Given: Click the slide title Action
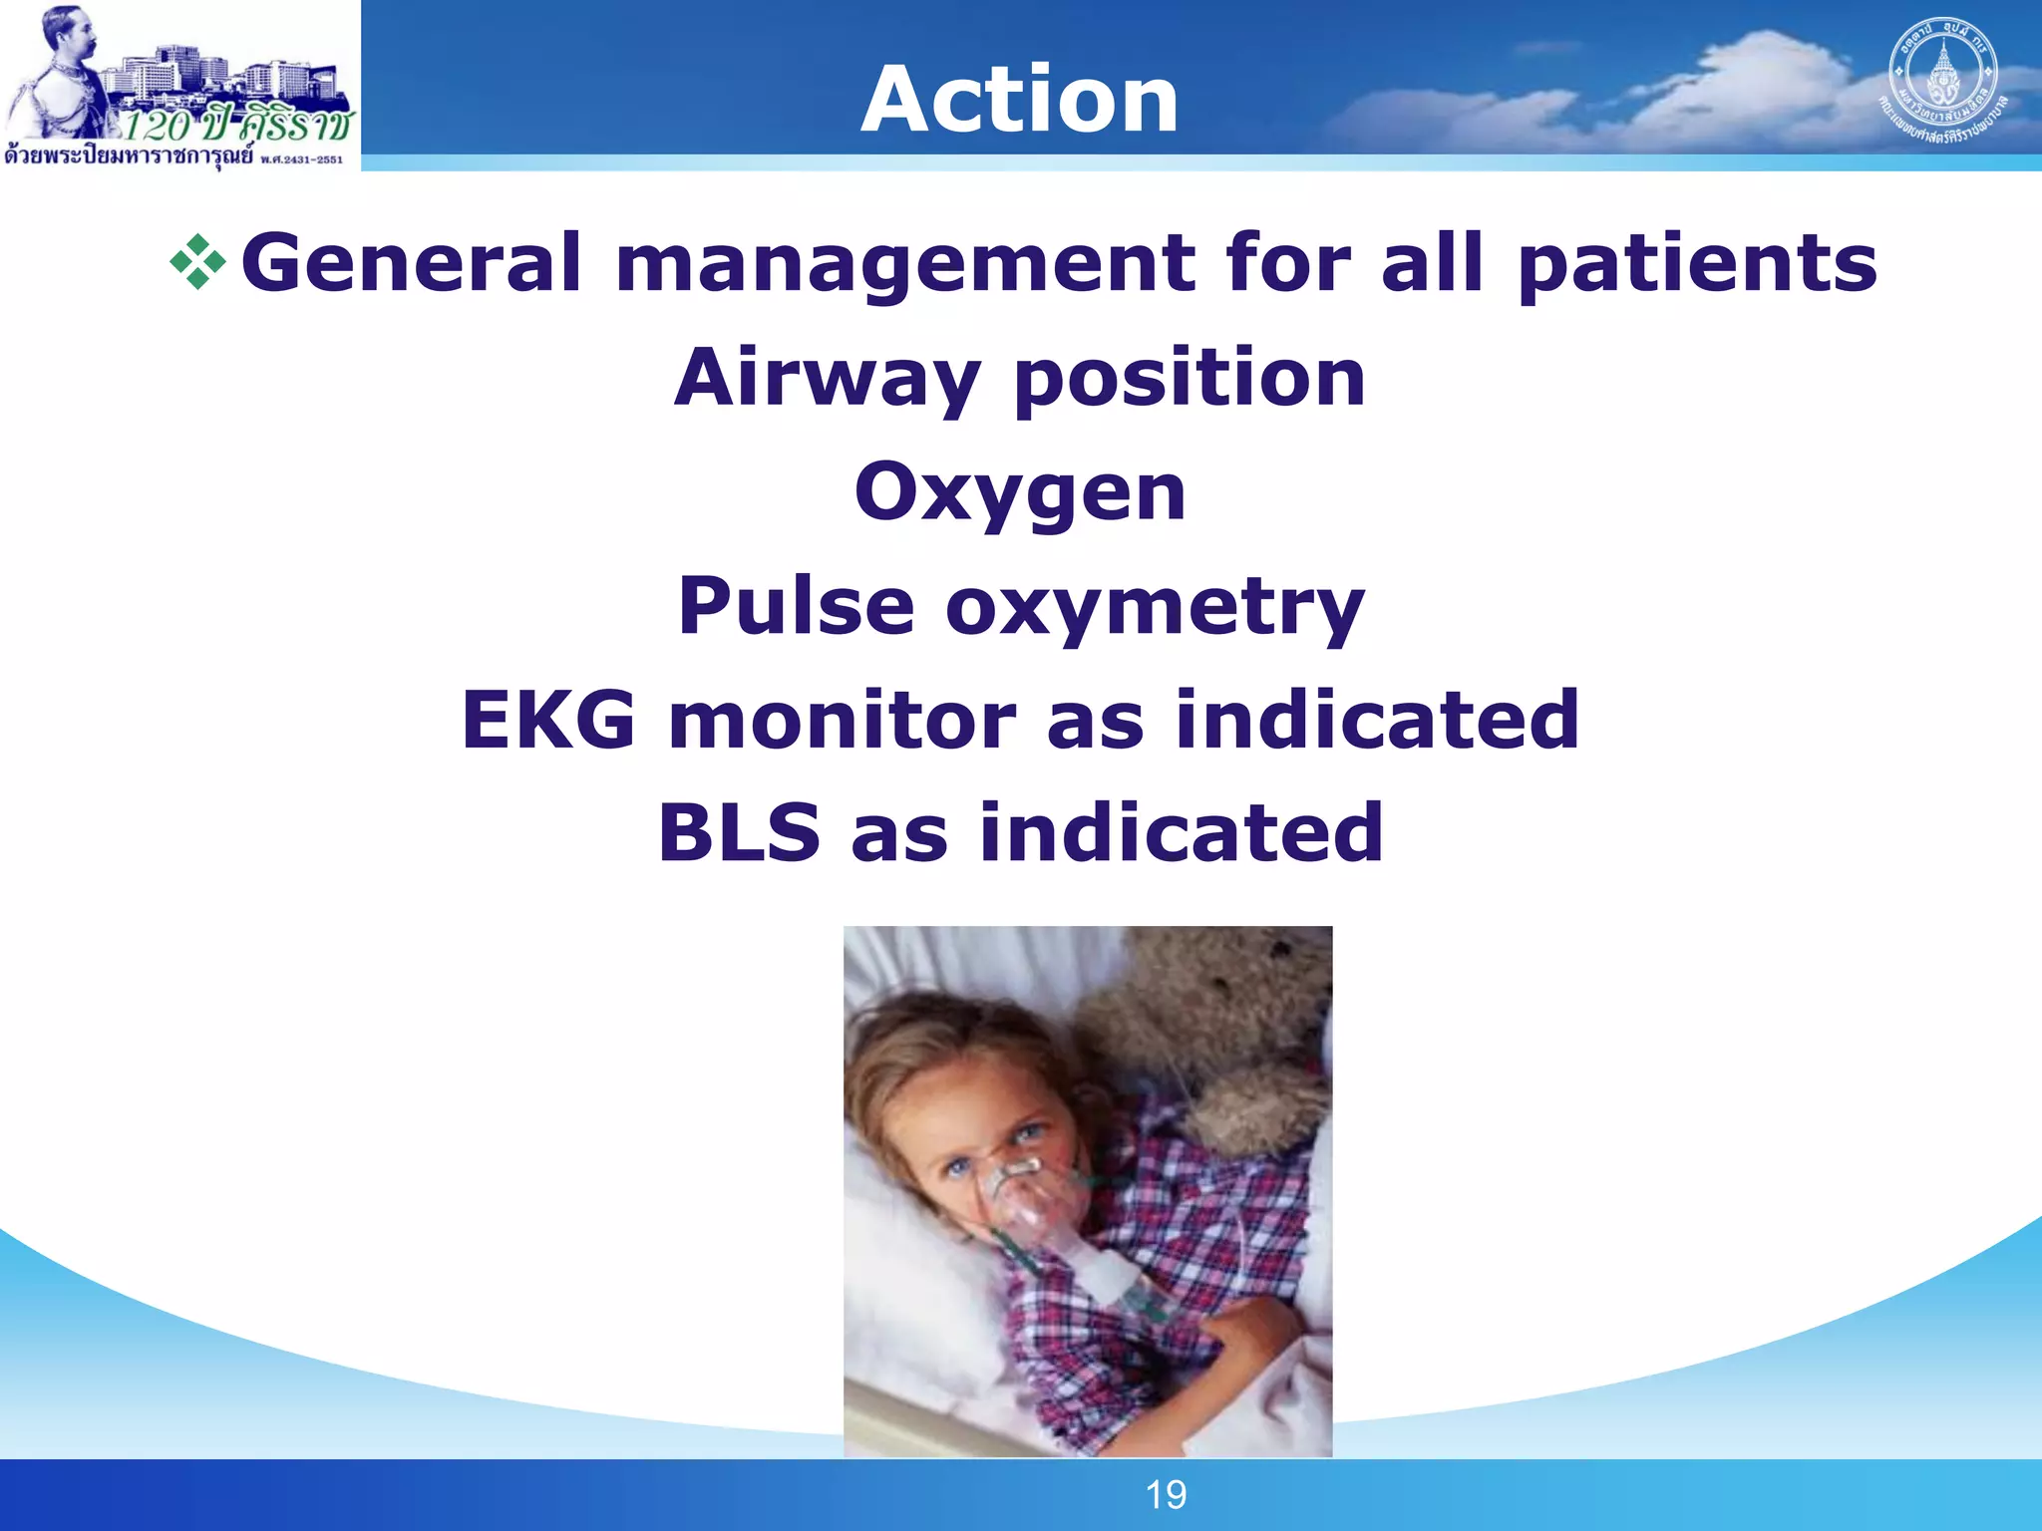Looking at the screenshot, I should coord(1019,99).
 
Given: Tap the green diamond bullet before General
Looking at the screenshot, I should coord(198,262).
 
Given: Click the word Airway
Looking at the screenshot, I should coord(827,380).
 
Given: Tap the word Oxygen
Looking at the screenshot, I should coord(1020,494).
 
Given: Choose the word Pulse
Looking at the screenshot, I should coord(796,606).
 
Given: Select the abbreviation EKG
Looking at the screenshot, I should coord(547,720).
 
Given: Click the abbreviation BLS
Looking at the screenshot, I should coord(739,832).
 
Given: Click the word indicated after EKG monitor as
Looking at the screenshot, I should coord(1377,720).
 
